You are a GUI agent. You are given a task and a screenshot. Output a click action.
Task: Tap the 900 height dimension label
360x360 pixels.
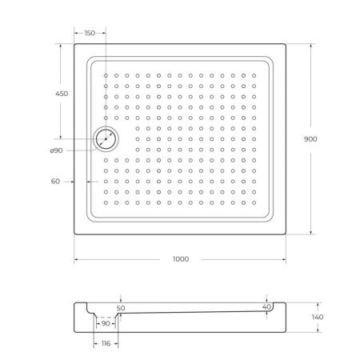(x=311, y=138)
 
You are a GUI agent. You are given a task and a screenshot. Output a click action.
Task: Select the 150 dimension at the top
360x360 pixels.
(x=90, y=33)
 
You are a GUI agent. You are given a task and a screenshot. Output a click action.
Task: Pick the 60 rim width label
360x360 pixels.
(x=56, y=182)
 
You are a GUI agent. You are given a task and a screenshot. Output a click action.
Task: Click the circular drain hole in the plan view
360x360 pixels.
(x=106, y=139)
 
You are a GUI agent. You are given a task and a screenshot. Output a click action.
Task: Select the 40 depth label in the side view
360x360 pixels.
(x=266, y=306)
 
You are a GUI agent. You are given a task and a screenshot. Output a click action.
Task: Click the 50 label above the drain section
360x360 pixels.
(x=122, y=307)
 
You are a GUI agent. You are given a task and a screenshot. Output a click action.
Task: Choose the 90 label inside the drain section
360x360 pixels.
(x=106, y=323)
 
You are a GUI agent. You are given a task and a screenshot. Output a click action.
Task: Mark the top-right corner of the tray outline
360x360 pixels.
(x=285, y=44)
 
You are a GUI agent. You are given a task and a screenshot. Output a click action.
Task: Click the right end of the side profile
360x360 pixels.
(x=285, y=318)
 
